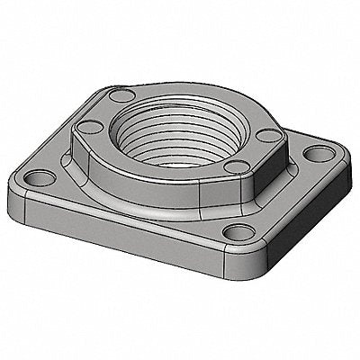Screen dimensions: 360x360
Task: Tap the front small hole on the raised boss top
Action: tap(233, 166)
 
